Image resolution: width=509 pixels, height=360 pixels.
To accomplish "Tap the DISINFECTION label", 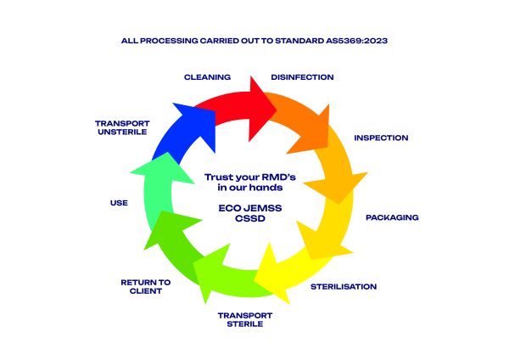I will (302, 77).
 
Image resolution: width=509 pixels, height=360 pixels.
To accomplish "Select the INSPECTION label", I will (381, 138).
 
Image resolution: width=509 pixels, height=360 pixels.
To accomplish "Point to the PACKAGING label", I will (392, 217).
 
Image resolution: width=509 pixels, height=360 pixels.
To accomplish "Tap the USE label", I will (119, 203).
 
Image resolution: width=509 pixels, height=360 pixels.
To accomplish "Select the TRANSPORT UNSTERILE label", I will (122, 127).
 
